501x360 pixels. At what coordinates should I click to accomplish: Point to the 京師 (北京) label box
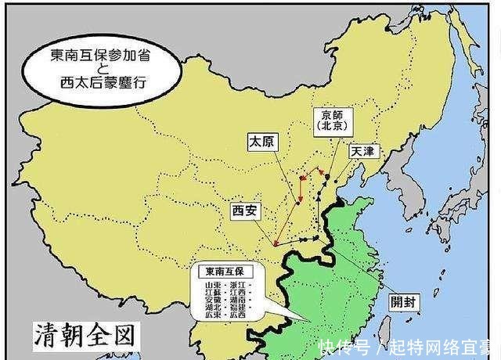(x=332, y=120)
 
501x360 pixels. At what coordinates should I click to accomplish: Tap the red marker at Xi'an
(x=276, y=244)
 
